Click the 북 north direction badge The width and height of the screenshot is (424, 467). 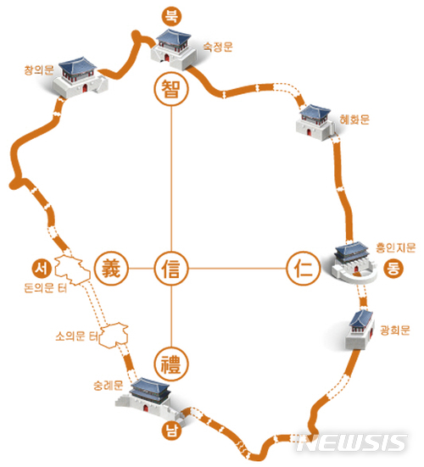coord(171,16)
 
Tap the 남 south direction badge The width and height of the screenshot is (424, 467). coord(171,431)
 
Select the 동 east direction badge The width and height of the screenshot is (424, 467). coord(393,269)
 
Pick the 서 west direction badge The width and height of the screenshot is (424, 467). coord(42,269)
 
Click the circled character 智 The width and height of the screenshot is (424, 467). coord(171,89)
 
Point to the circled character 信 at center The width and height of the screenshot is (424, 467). coord(171,269)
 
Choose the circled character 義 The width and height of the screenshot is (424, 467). coord(111,269)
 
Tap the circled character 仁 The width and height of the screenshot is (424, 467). coord(304,269)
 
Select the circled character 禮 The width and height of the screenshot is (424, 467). coord(171,364)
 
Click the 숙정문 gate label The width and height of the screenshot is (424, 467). coord(218,47)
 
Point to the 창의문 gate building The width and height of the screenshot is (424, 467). coord(80,78)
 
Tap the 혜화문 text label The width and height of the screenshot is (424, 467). coord(354,120)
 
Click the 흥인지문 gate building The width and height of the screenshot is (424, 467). coord(354,263)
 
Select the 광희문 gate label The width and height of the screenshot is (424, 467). coord(395,330)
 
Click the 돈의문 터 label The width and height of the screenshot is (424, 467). coord(45,287)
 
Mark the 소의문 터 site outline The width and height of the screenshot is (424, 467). coord(114,335)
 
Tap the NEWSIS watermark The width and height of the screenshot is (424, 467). coord(353,443)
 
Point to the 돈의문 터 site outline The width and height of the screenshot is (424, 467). coord(72,270)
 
